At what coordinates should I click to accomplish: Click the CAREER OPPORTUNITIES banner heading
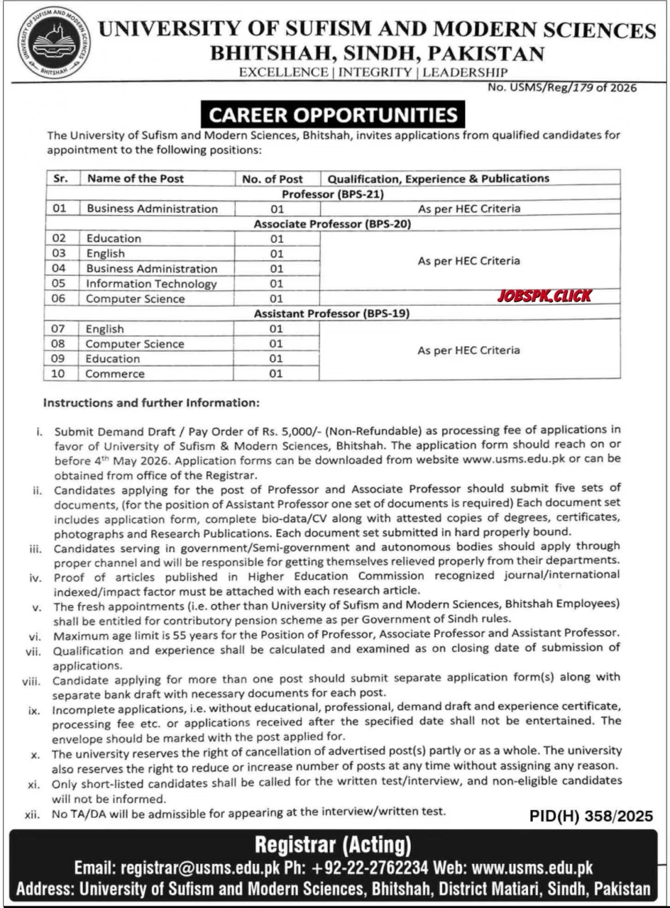pos(333,115)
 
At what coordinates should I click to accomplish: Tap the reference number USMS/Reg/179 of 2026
pos(562,87)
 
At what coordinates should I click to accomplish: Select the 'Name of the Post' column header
pos(136,178)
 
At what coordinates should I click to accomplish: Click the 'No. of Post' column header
pos(272,179)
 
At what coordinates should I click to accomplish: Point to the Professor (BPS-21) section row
pos(333,194)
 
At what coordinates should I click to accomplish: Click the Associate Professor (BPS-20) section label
pos(332,224)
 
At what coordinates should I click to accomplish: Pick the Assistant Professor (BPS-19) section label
pos(331,313)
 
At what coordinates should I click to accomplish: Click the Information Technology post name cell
pos(151,284)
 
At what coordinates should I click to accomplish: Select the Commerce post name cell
pos(115,374)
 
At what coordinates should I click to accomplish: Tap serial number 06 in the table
pos(58,299)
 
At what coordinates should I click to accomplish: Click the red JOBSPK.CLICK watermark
pos(544,296)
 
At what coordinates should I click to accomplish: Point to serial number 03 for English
pos(58,253)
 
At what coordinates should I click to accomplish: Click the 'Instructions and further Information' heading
pos(151,403)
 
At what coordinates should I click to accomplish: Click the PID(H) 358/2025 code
pos(591,816)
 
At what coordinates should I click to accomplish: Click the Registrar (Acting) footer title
pos(333,845)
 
